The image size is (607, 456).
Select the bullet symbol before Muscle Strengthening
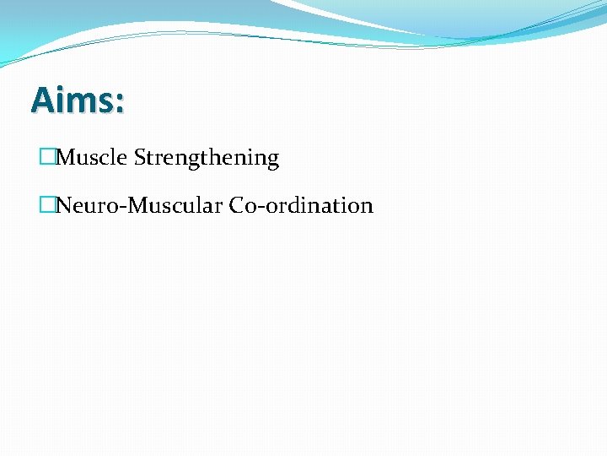(x=46, y=158)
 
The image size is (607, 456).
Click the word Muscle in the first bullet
(x=92, y=158)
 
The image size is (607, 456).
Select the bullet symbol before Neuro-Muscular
(x=46, y=206)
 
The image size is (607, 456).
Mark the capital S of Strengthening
(x=140, y=158)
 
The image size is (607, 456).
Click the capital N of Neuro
(x=64, y=206)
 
